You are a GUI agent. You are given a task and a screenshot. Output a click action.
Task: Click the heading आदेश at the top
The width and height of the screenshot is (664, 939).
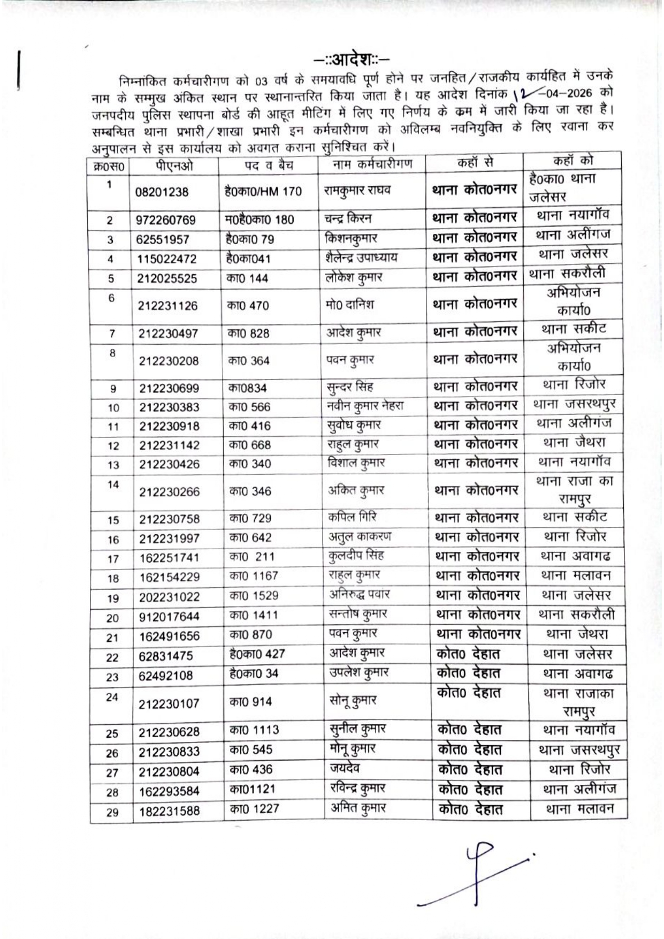(x=352, y=57)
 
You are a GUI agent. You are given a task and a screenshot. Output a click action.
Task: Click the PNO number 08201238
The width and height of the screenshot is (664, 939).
(x=162, y=192)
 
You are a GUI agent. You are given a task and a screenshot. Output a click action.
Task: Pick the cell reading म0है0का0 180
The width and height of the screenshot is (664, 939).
(x=260, y=219)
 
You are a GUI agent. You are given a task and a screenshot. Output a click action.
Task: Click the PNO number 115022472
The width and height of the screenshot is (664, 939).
(x=167, y=259)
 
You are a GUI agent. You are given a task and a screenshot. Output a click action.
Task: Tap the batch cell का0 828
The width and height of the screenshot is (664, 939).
(x=248, y=333)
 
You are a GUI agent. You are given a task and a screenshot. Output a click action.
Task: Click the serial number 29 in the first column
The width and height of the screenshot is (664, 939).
(x=112, y=813)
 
